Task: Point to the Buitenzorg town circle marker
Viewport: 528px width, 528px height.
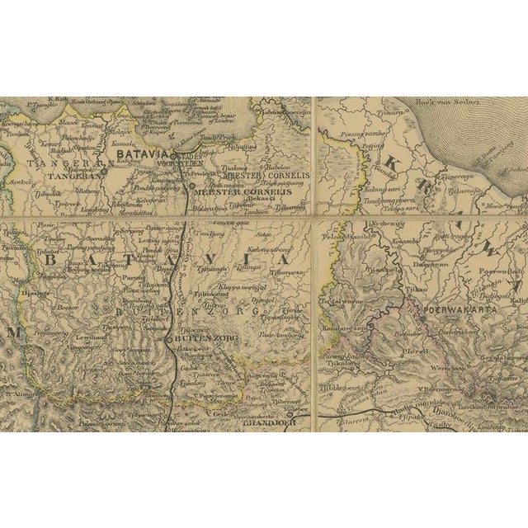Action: click(170, 339)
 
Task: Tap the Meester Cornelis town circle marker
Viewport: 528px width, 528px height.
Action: click(191, 186)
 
